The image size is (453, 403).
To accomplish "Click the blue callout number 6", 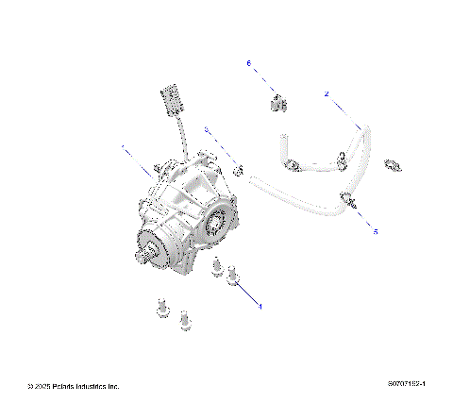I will tap(249, 63).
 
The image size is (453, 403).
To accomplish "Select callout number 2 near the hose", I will tap(327, 94).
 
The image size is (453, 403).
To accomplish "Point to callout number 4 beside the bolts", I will tap(260, 306).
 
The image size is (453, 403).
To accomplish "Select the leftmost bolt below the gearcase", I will tap(161, 307).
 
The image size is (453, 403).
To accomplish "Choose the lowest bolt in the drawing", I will tap(185, 323).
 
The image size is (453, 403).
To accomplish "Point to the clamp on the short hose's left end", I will tap(294, 166).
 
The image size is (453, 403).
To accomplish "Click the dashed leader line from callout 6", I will tap(263, 80).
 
